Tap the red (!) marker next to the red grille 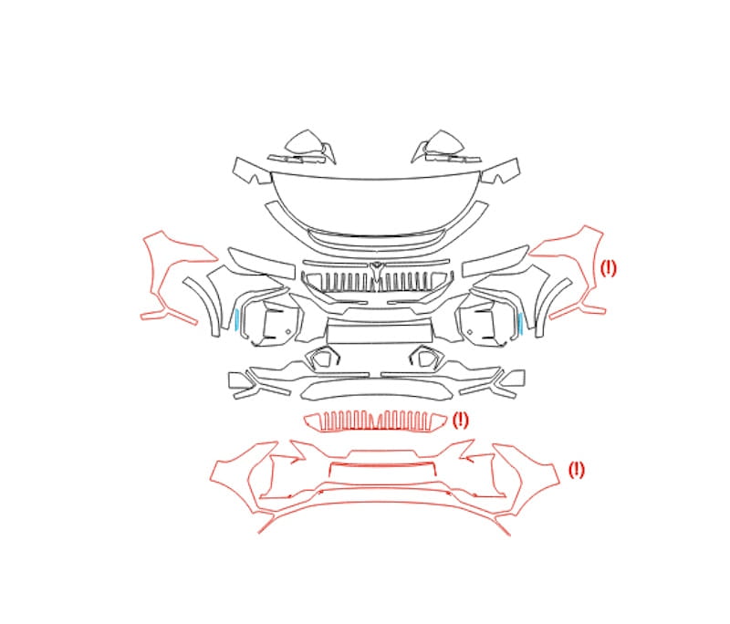461,421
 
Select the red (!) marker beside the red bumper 576,470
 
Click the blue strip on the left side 236,319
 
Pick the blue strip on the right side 520,324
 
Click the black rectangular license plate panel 379,333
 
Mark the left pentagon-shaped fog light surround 323,359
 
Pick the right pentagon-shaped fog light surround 426,359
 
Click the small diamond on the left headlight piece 287,331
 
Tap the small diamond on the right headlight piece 470,332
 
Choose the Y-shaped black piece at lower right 498,384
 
